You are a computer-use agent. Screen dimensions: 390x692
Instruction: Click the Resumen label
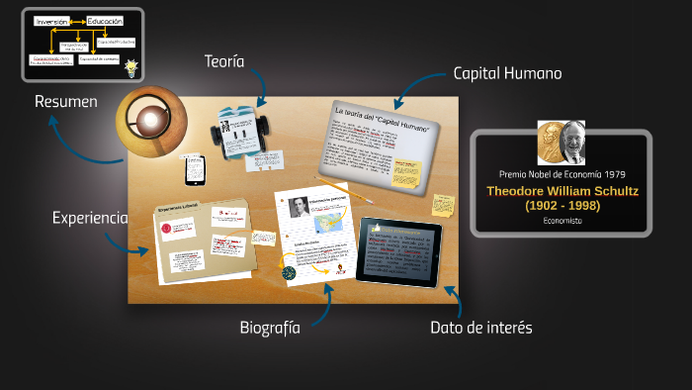[x=65, y=101]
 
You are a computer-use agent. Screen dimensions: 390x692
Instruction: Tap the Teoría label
[x=225, y=61]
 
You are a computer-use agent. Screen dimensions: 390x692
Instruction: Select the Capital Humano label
[x=506, y=73]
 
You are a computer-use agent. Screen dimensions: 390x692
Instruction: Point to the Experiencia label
[x=90, y=218]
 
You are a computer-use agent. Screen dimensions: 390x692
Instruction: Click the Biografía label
[x=269, y=328]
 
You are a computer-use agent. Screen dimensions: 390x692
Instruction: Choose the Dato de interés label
[x=480, y=328]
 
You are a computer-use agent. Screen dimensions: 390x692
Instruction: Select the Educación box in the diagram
[x=104, y=20]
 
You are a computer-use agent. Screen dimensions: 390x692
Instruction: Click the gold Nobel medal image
[x=550, y=142]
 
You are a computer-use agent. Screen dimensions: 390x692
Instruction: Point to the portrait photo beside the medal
[x=572, y=142]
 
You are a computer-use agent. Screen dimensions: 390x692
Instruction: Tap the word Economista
[x=562, y=221]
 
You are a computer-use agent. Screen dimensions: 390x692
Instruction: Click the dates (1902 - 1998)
[x=562, y=205]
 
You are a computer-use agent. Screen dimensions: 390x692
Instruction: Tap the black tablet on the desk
[x=399, y=251]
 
